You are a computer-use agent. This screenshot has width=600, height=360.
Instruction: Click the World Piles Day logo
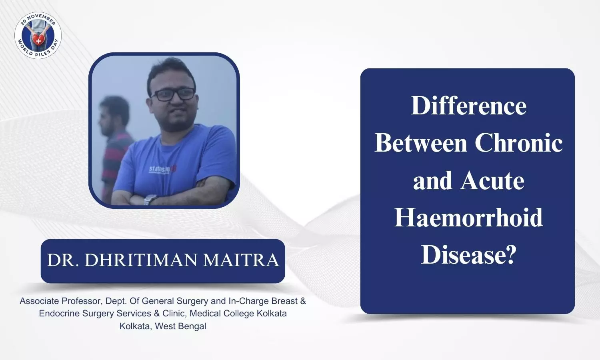[x=38, y=35]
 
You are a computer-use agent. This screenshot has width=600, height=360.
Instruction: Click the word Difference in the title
[x=469, y=106]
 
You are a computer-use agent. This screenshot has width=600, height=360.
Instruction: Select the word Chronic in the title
[x=518, y=143]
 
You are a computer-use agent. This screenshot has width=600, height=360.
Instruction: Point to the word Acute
[x=492, y=180]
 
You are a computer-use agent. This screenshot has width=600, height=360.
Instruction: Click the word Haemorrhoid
[x=468, y=218]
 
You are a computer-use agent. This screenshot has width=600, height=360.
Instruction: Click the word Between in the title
[x=421, y=143]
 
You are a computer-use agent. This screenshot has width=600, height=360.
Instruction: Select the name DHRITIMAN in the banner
[x=141, y=260]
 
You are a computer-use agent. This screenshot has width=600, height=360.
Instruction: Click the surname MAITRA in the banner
[x=241, y=260]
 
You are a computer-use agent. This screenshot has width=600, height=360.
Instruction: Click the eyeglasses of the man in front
[x=173, y=94]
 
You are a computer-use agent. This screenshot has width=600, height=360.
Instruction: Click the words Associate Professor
[x=61, y=301]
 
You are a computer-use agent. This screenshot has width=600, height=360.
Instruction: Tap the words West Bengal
[x=180, y=326]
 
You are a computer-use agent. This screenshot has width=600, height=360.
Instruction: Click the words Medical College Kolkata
[x=238, y=313]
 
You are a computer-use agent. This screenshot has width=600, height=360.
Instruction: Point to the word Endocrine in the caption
[x=59, y=313]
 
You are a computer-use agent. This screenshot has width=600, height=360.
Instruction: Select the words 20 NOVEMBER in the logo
[x=38, y=19]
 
